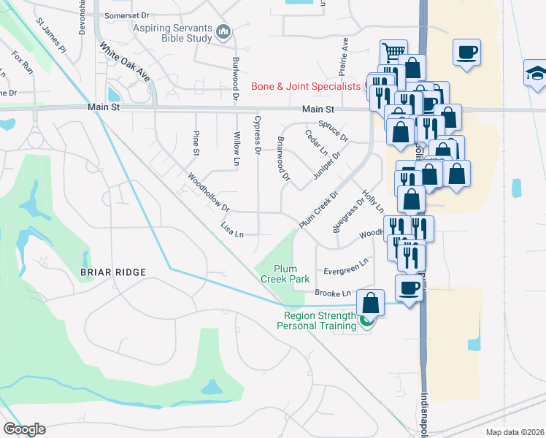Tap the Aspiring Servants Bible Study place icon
pyautogui.click(x=223, y=33)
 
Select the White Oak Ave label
pyautogui.click(x=125, y=64)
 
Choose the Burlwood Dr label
pyautogui.click(x=235, y=79)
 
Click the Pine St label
pyautogui.click(x=196, y=143)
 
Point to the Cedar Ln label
pyautogui.click(x=316, y=144)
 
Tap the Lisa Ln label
pyautogui.click(x=231, y=229)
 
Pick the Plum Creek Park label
pyautogui.click(x=285, y=274)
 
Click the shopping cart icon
pyautogui.click(x=393, y=51)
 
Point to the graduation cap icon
pyautogui.click(x=537, y=72)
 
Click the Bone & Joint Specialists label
pyautogui.click(x=306, y=87)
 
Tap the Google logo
pyautogui.click(x=24, y=429)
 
